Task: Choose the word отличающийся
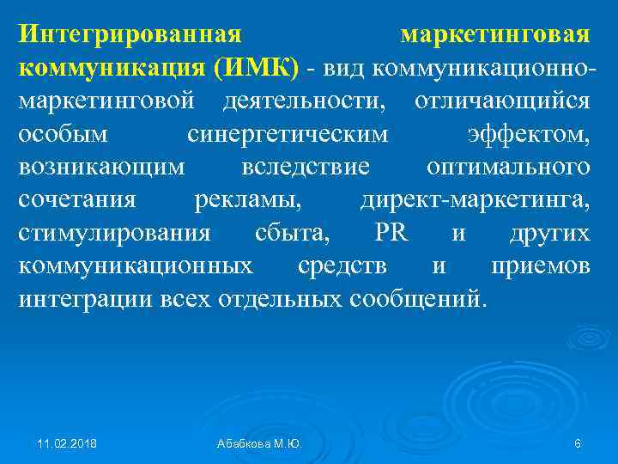[501, 101]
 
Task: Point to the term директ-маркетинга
[475, 199]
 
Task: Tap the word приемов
[540, 266]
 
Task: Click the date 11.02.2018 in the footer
[66, 443]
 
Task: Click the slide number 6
[577, 443]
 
